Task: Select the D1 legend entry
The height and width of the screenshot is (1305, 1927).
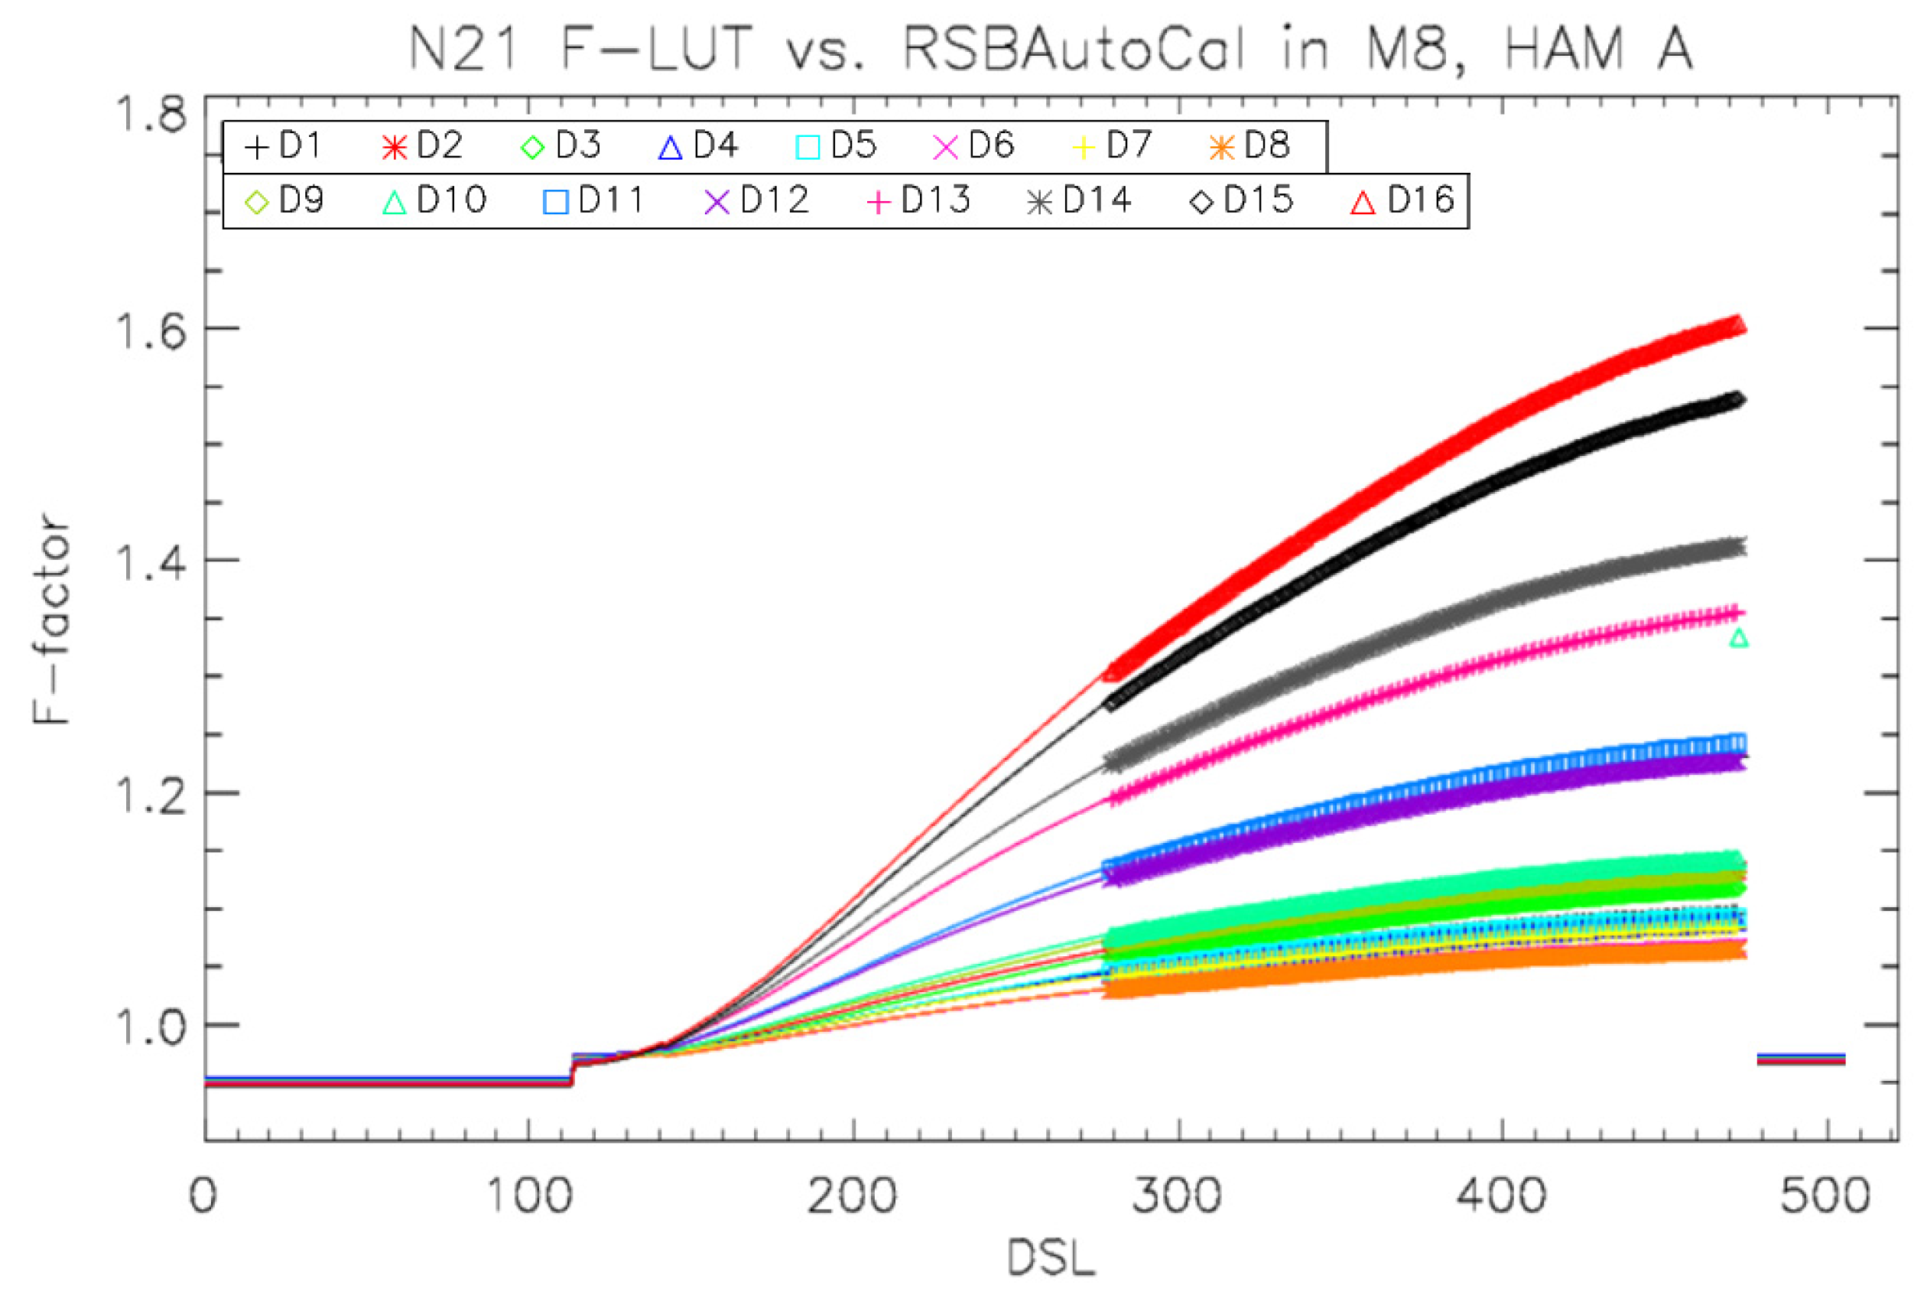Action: [x=283, y=147]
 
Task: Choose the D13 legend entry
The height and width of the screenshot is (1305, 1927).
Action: [x=918, y=200]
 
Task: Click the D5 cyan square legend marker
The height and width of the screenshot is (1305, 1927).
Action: [x=807, y=148]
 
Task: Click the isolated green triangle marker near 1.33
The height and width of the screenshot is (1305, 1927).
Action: [x=1739, y=638]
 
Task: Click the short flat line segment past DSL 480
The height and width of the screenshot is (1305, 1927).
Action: [x=1800, y=1059]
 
